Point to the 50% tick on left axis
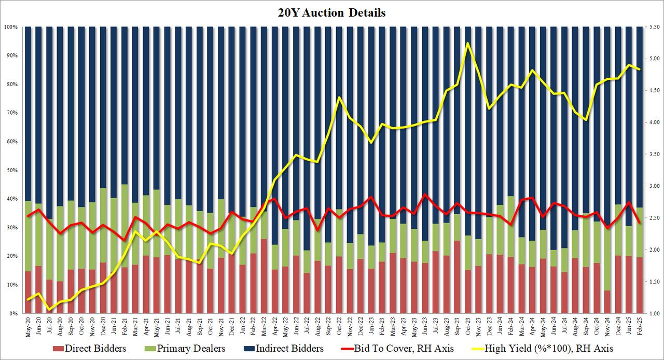coord(11,170)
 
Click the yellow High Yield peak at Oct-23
coord(468,43)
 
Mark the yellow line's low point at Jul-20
coord(50,310)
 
